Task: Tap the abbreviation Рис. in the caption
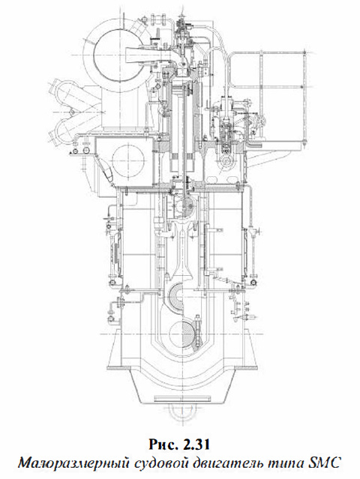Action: pyautogui.click(x=163, y=445)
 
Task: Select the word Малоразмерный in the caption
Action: pyautogui.click(x=74, y=464)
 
